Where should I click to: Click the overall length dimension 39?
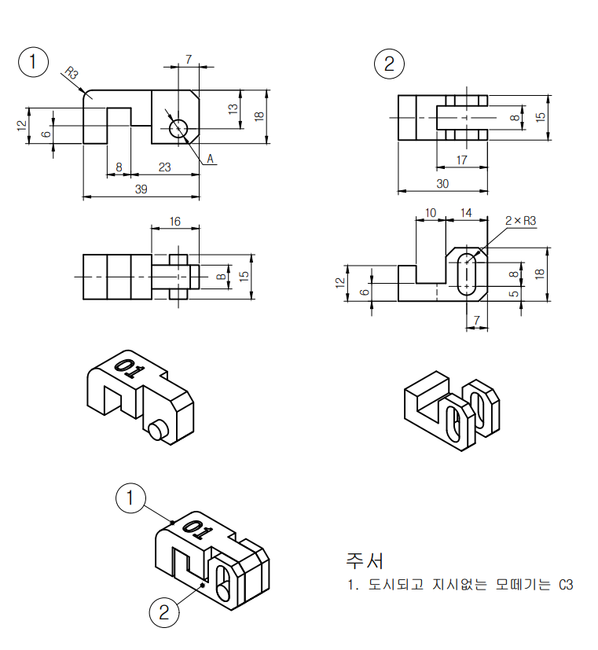tap(141, 189)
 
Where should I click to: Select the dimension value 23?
tap(164, 167)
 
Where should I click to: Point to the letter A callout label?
tap(210, 159)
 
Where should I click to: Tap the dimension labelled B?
tap(222, 277)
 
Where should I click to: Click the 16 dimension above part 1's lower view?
tap(175, 222)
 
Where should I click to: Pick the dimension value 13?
tap(233, 109)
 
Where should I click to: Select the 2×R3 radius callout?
tap(520, 221)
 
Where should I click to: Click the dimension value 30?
tap(442, 184)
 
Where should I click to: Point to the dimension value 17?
tap(461, 160)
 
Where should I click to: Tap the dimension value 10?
tap(431, 213)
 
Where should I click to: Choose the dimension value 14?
tap(466, 213)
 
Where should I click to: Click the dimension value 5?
tap(514, 294)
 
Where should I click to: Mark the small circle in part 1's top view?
tap(178, 129)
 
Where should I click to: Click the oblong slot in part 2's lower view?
tap(467, 274)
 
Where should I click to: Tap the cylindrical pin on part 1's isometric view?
tap(158, 430)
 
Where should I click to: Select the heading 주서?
tap(365, 560)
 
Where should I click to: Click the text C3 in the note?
tap(566, 585)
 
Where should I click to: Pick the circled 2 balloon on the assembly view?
tap(164, 612)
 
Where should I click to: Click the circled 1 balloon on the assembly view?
tap(130, 498)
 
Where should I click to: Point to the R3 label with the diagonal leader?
tap(72, 72)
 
